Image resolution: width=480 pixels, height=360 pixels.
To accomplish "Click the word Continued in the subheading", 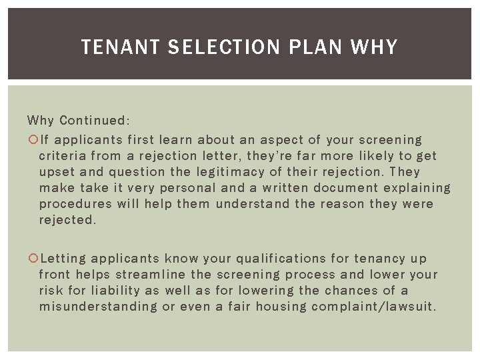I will coord(95,121).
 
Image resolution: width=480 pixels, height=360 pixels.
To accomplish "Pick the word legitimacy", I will coord(225,172).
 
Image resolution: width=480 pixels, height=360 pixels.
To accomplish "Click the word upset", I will coord(57,172).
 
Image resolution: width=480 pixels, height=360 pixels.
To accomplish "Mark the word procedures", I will coord(75,204).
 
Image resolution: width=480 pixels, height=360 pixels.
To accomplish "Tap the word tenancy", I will coord(386,259).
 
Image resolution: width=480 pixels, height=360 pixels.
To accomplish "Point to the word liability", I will coord(115,291).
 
